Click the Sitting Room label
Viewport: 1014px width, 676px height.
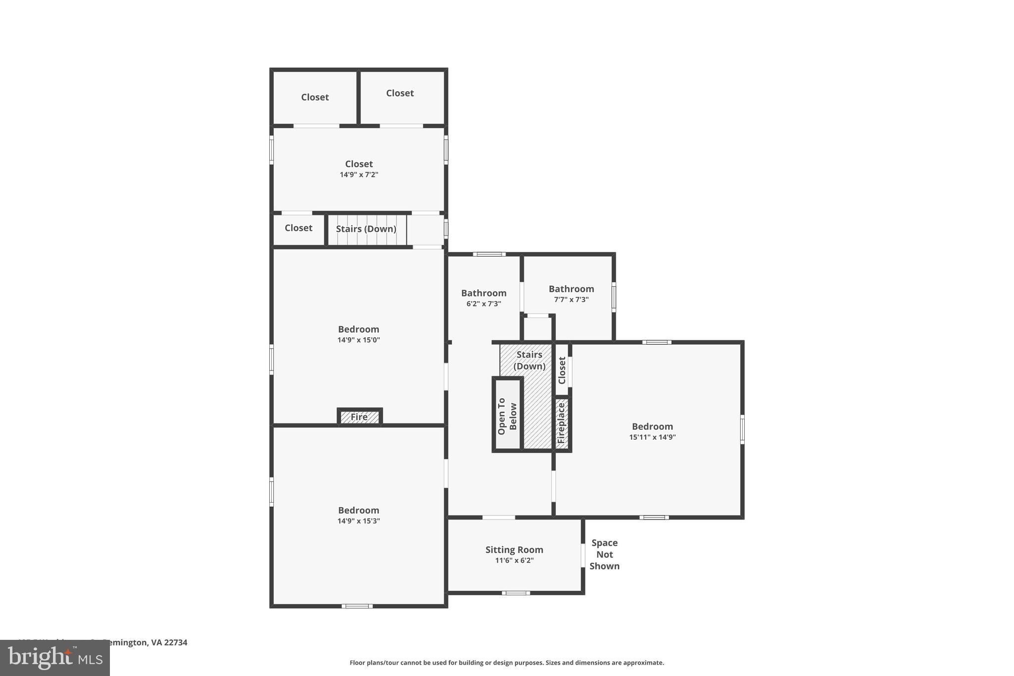(514, 550)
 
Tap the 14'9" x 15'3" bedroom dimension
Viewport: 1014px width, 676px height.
(358, 521)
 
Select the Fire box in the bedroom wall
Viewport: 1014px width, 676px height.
(359, 417)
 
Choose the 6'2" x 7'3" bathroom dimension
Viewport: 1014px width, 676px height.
(483, 304)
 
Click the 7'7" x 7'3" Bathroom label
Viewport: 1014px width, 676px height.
(571, 289)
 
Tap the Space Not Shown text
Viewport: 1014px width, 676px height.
(604, 555)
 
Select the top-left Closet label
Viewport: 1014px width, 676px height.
(315, 97)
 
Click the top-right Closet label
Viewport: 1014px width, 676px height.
(400, 93)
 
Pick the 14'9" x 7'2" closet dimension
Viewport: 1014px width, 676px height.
(358, 175)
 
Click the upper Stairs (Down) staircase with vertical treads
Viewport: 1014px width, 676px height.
(366, 229)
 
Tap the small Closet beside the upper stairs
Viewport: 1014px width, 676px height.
(299, 228)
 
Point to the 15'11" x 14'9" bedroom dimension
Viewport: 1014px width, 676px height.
(652, 437)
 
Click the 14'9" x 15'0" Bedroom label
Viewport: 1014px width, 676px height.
(358, 329)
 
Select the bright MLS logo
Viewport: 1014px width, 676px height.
(54, 658)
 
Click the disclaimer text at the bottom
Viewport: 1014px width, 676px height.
(507, 663)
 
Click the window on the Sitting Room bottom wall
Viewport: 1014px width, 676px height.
(515, 593)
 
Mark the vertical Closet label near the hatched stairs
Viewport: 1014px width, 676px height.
(561, 370)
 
